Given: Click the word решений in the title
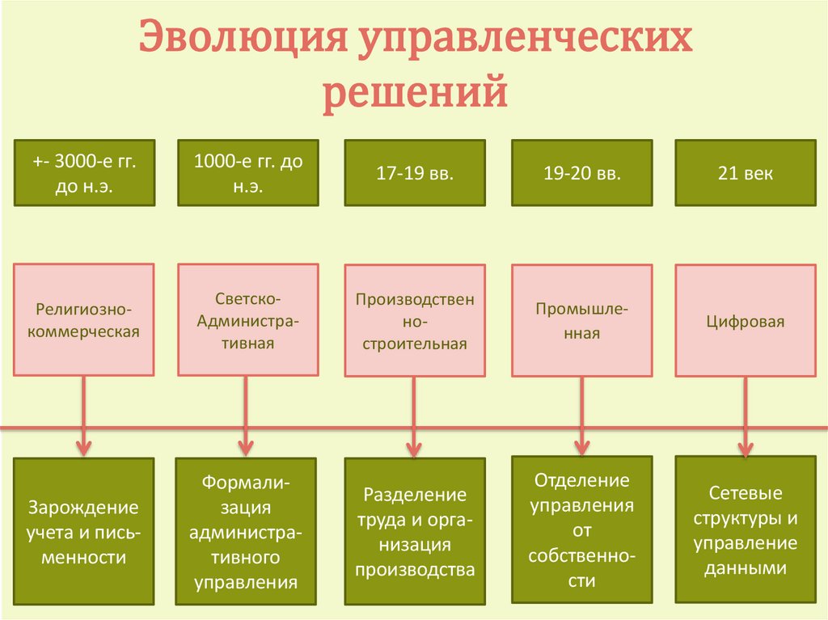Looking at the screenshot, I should (416, 93).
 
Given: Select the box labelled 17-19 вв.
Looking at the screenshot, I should (415, 173).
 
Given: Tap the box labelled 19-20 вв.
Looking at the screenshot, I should (582, 173).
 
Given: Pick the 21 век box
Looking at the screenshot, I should (745, 173).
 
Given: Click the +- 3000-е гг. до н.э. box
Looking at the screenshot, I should (83, 173).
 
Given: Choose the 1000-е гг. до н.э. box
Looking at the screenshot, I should (248, 173).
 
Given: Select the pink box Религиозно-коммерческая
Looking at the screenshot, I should (83, 319).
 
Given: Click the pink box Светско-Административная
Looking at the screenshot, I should (248, 319).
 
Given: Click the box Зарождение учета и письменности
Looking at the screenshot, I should (83, 532).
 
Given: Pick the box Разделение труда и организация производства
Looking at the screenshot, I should (415, 532).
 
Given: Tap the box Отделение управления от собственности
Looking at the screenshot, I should (582, 530).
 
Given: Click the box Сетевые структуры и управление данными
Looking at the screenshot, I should (745, 530).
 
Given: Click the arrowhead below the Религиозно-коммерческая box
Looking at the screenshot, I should (83, 446).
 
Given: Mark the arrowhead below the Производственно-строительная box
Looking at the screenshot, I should (414, 447).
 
